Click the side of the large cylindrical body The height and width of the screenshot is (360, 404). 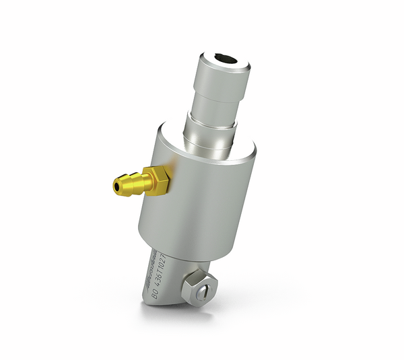tap(202, 202)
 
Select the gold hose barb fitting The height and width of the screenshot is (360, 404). tap(138, 180)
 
